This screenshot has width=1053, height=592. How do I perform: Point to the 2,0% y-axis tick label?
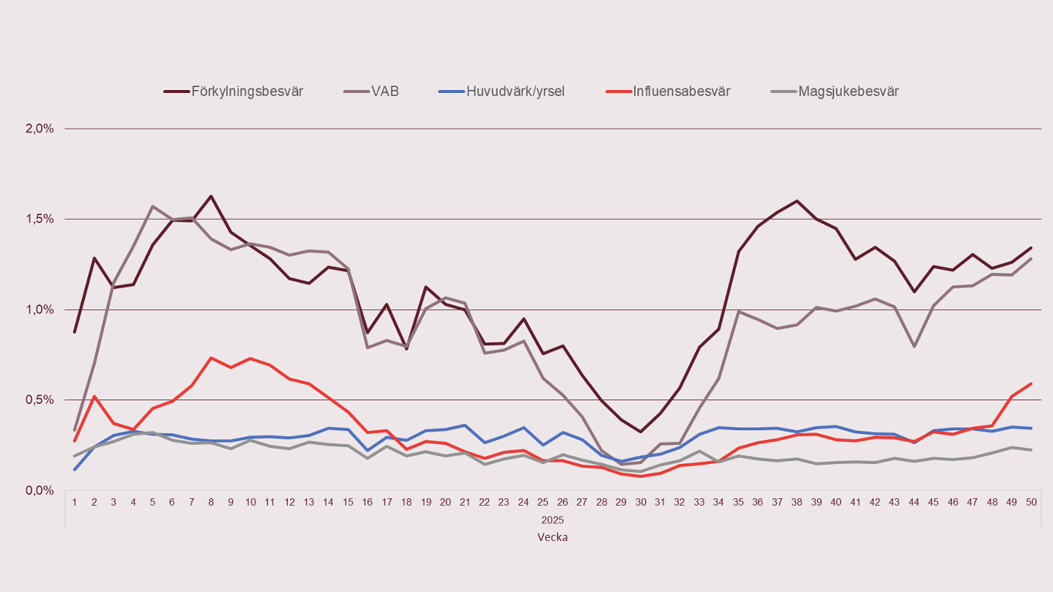(x=40, y=129)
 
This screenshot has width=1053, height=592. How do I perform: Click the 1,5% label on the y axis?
(x=40, y=219)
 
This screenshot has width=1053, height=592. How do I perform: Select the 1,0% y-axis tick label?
(x=40, y=310)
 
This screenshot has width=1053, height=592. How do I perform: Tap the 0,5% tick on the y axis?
(x=40, y=400)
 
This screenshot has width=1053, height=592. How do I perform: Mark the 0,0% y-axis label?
(x=40, y=490)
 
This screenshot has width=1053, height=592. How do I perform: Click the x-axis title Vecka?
(x=552, y=536)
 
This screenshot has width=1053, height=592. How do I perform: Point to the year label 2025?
(x=552, y=520)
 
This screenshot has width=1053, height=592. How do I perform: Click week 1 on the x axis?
(x=75, y=503)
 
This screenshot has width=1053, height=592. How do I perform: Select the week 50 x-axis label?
(x=1030, y=503)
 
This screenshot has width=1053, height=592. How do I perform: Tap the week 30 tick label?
(x=640, y=503)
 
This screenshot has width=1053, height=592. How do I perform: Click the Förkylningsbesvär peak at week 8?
(x=211, y=196)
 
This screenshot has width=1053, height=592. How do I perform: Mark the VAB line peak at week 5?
(x=152, y=206)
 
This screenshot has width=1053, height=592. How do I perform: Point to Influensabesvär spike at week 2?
(x=94, y=396)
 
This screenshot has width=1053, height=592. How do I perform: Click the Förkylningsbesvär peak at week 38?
(x=796, y=201)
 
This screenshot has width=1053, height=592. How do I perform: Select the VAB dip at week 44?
(x=913, y=346)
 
